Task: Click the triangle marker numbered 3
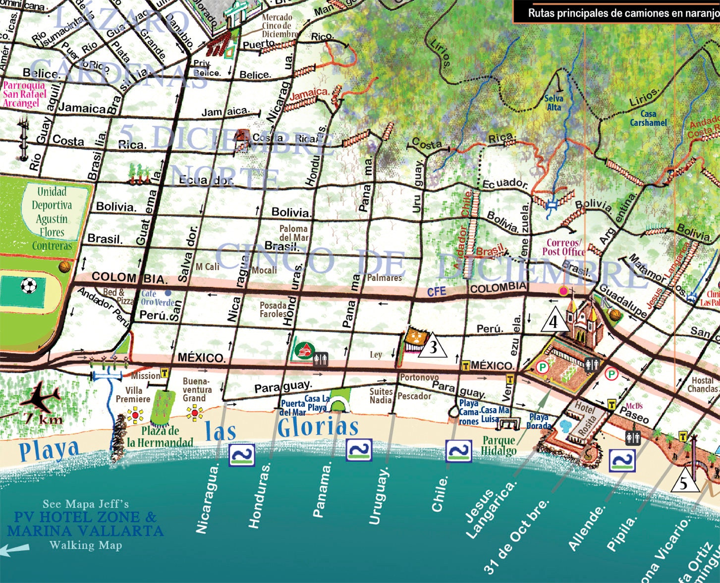(433, 346)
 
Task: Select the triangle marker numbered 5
(684, 481)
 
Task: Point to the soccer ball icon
(29, 286)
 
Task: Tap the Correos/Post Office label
(563, 247)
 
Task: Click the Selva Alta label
(554, 103)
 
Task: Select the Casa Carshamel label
(648, 118)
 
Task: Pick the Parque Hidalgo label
(498, 445)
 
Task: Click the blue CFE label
(437, 292)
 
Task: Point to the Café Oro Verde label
(157, 298)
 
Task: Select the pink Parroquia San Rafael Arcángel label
(24, 94)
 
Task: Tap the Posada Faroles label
(273, 310)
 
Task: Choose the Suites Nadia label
(381, 395)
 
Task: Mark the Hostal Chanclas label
(703, 384)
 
